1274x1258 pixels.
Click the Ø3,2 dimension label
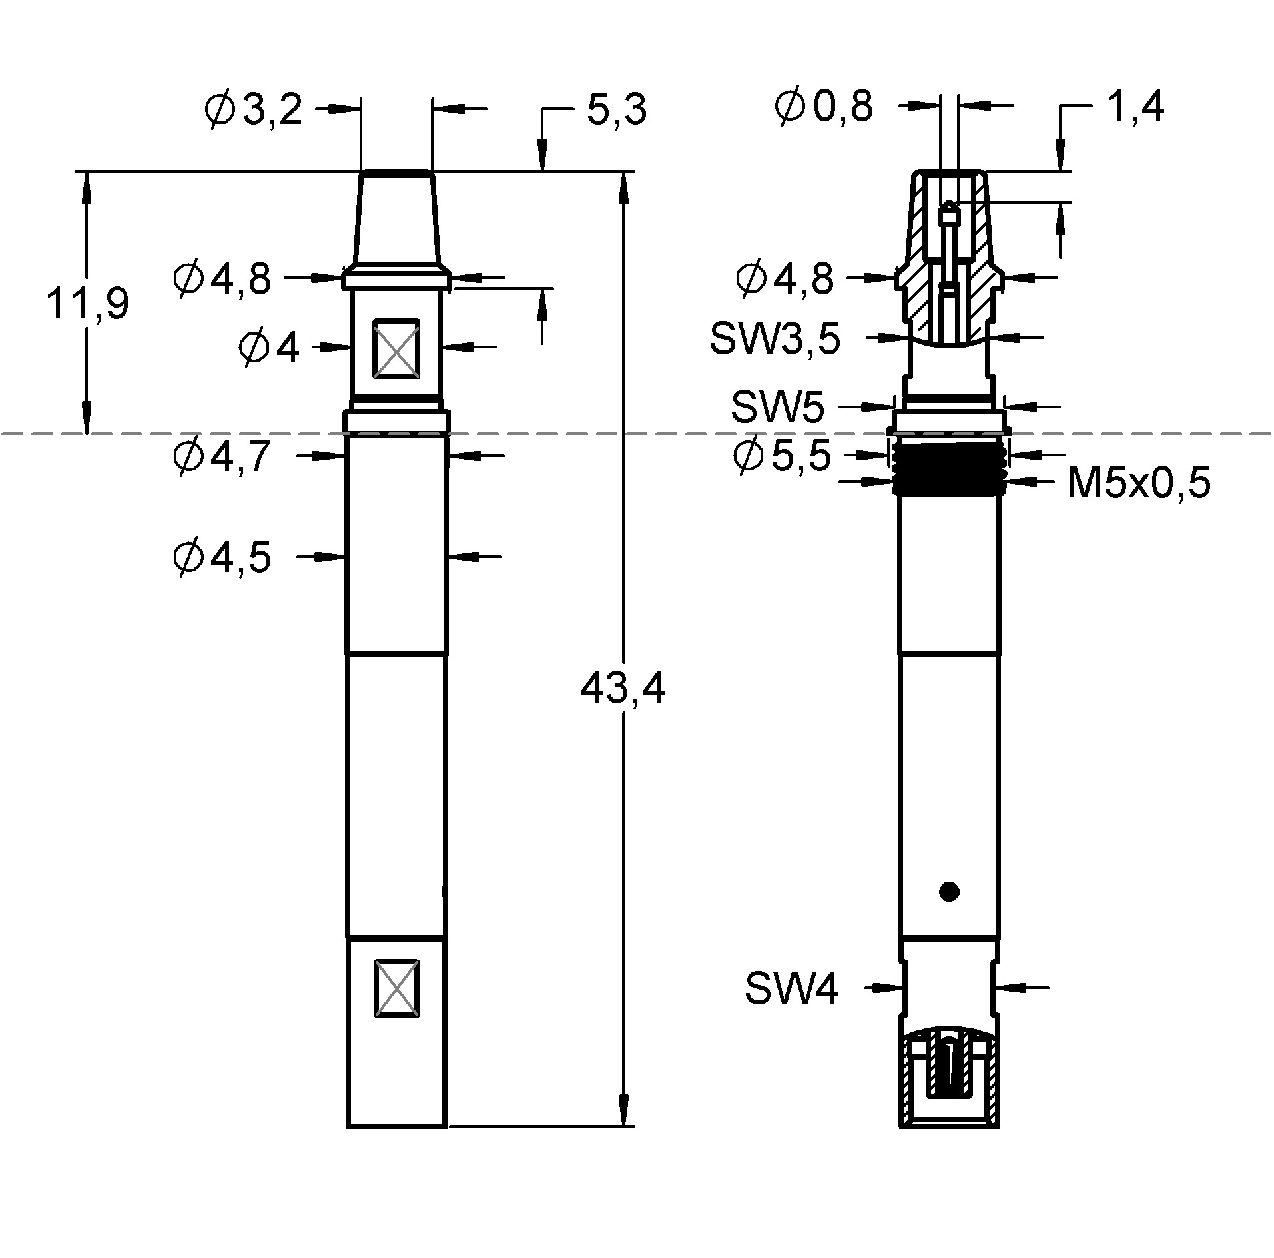coord(254,110)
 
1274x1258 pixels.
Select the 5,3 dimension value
coord(616,110)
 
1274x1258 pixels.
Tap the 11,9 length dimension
coord(87,304)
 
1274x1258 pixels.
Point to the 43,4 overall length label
coord(622,689)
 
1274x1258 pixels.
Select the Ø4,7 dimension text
coord(222,456)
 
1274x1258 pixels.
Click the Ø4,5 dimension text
coord(222,557)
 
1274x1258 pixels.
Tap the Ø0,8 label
coord(824,107)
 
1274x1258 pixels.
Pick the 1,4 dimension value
coord(1134,107)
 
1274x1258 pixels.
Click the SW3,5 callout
coord(775,339)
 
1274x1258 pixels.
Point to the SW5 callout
coord(777,407)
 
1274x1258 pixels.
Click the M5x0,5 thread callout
coord(1138,483)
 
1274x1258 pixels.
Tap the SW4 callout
coord(791,988)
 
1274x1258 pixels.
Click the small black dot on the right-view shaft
coord(948,891)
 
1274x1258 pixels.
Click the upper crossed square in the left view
coord(396,349)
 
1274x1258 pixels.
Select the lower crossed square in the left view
coord(396,988)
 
